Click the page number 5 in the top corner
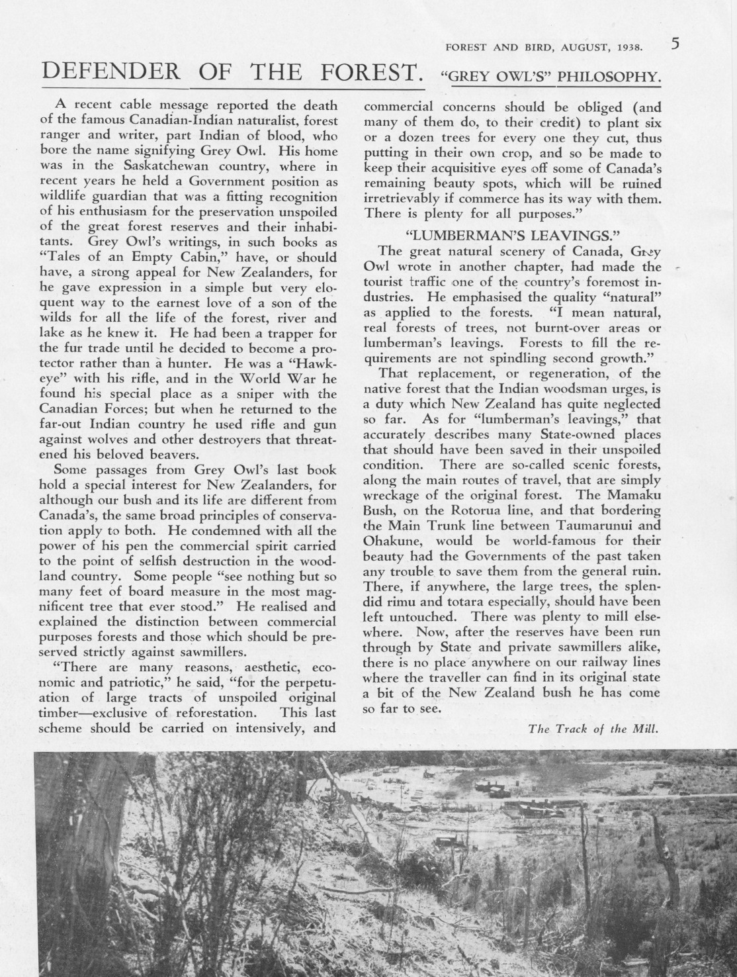(x=675, y=45)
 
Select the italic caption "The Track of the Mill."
(x=593, y=729)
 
